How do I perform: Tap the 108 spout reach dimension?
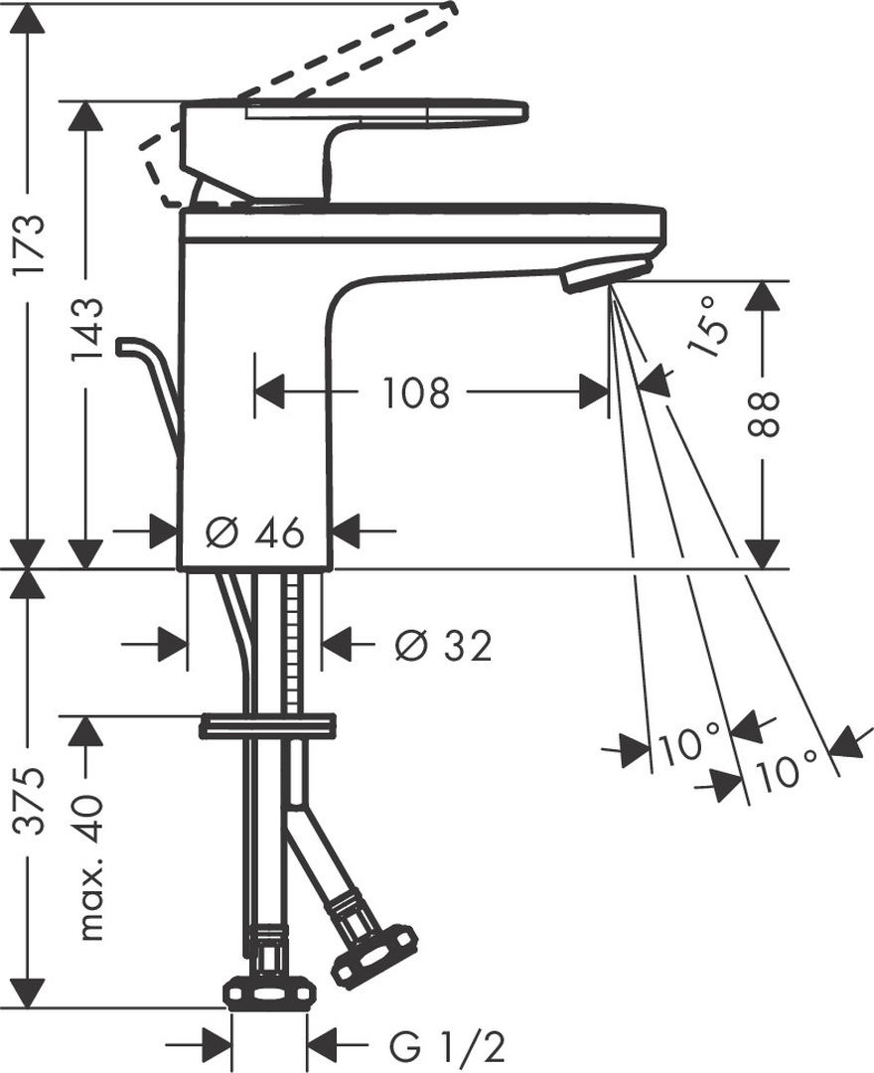[415, 392]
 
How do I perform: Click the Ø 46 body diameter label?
[253, 532]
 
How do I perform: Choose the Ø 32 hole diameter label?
[443, 646]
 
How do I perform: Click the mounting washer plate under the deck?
[267, 726]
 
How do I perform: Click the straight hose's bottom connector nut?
[270, 992]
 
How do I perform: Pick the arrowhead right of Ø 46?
[348, 531]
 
